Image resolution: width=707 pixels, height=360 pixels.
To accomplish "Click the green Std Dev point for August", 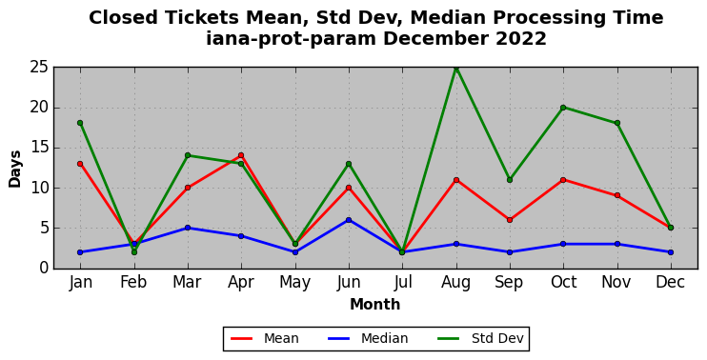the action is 456,68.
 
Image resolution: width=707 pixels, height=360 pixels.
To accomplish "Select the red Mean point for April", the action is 241,155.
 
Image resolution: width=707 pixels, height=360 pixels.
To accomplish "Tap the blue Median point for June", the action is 349,220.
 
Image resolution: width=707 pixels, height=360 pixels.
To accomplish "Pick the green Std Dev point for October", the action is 564,108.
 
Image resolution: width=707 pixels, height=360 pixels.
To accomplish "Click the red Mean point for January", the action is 80,164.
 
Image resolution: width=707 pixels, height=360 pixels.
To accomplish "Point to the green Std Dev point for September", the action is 510,180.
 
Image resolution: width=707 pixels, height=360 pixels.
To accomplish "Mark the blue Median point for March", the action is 188,228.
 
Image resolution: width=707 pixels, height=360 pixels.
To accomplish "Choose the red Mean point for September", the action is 510,220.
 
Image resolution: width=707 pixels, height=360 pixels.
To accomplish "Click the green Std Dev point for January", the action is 80,123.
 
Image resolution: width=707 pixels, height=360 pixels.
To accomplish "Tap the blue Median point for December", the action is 671,252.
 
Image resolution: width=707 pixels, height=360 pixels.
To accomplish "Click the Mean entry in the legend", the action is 265,338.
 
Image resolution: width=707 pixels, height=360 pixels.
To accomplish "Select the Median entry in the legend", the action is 368,338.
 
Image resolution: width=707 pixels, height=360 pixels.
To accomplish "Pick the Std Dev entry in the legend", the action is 480,338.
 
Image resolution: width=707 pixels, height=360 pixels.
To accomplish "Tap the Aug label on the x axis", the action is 455,283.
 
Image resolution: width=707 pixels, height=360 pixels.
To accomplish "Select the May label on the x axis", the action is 294,283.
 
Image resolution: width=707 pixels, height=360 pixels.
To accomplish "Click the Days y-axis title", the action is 15,169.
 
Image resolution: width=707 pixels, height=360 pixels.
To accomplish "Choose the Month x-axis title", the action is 375,305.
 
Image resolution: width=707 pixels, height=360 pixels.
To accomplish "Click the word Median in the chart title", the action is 449,18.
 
